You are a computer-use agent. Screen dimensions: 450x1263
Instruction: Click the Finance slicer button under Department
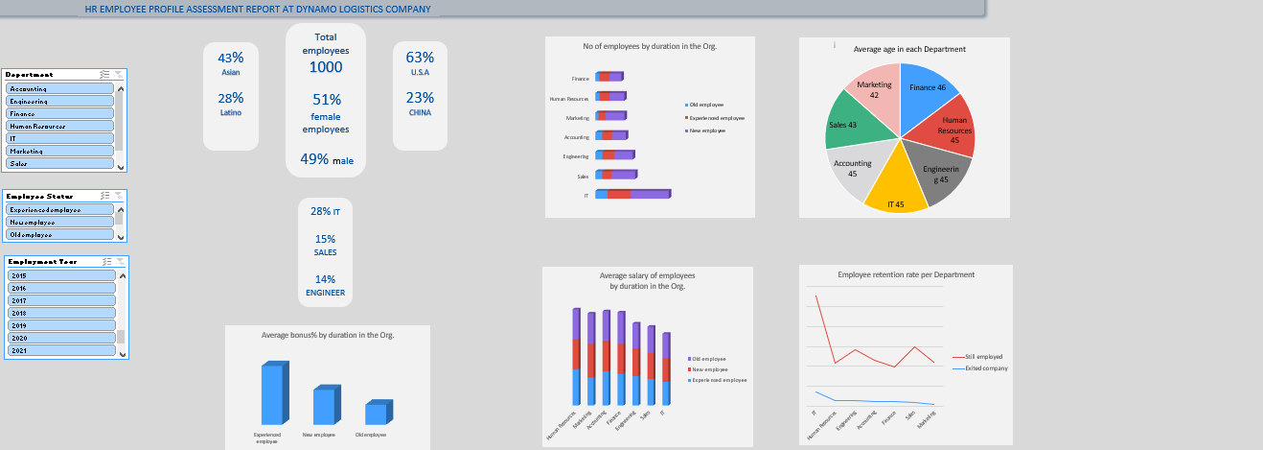tap(61, 113)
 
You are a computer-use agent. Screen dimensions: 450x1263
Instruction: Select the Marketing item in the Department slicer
tap(61, 151)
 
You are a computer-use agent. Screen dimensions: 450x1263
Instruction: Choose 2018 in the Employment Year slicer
tap(61, 313)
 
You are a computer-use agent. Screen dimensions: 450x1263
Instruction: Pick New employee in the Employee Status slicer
tap(61, 222)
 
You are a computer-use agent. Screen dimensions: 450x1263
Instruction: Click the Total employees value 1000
tap(325, 67)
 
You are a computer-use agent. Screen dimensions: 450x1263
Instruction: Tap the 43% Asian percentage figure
tap(231, 58)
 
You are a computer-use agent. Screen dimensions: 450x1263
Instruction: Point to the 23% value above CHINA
tap(420, 97)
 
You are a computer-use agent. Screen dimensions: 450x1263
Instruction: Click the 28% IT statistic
tap(325, 211)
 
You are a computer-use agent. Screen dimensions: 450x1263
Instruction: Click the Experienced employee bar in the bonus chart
tap(273, 393)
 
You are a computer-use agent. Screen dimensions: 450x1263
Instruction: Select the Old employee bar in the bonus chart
tap(377, 413)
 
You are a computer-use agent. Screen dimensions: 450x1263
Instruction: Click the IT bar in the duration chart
tap(632, 195)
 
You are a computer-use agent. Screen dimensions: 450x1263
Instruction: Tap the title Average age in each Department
tap(903, 49)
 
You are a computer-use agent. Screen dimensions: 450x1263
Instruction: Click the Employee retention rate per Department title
tap(906, 274)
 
